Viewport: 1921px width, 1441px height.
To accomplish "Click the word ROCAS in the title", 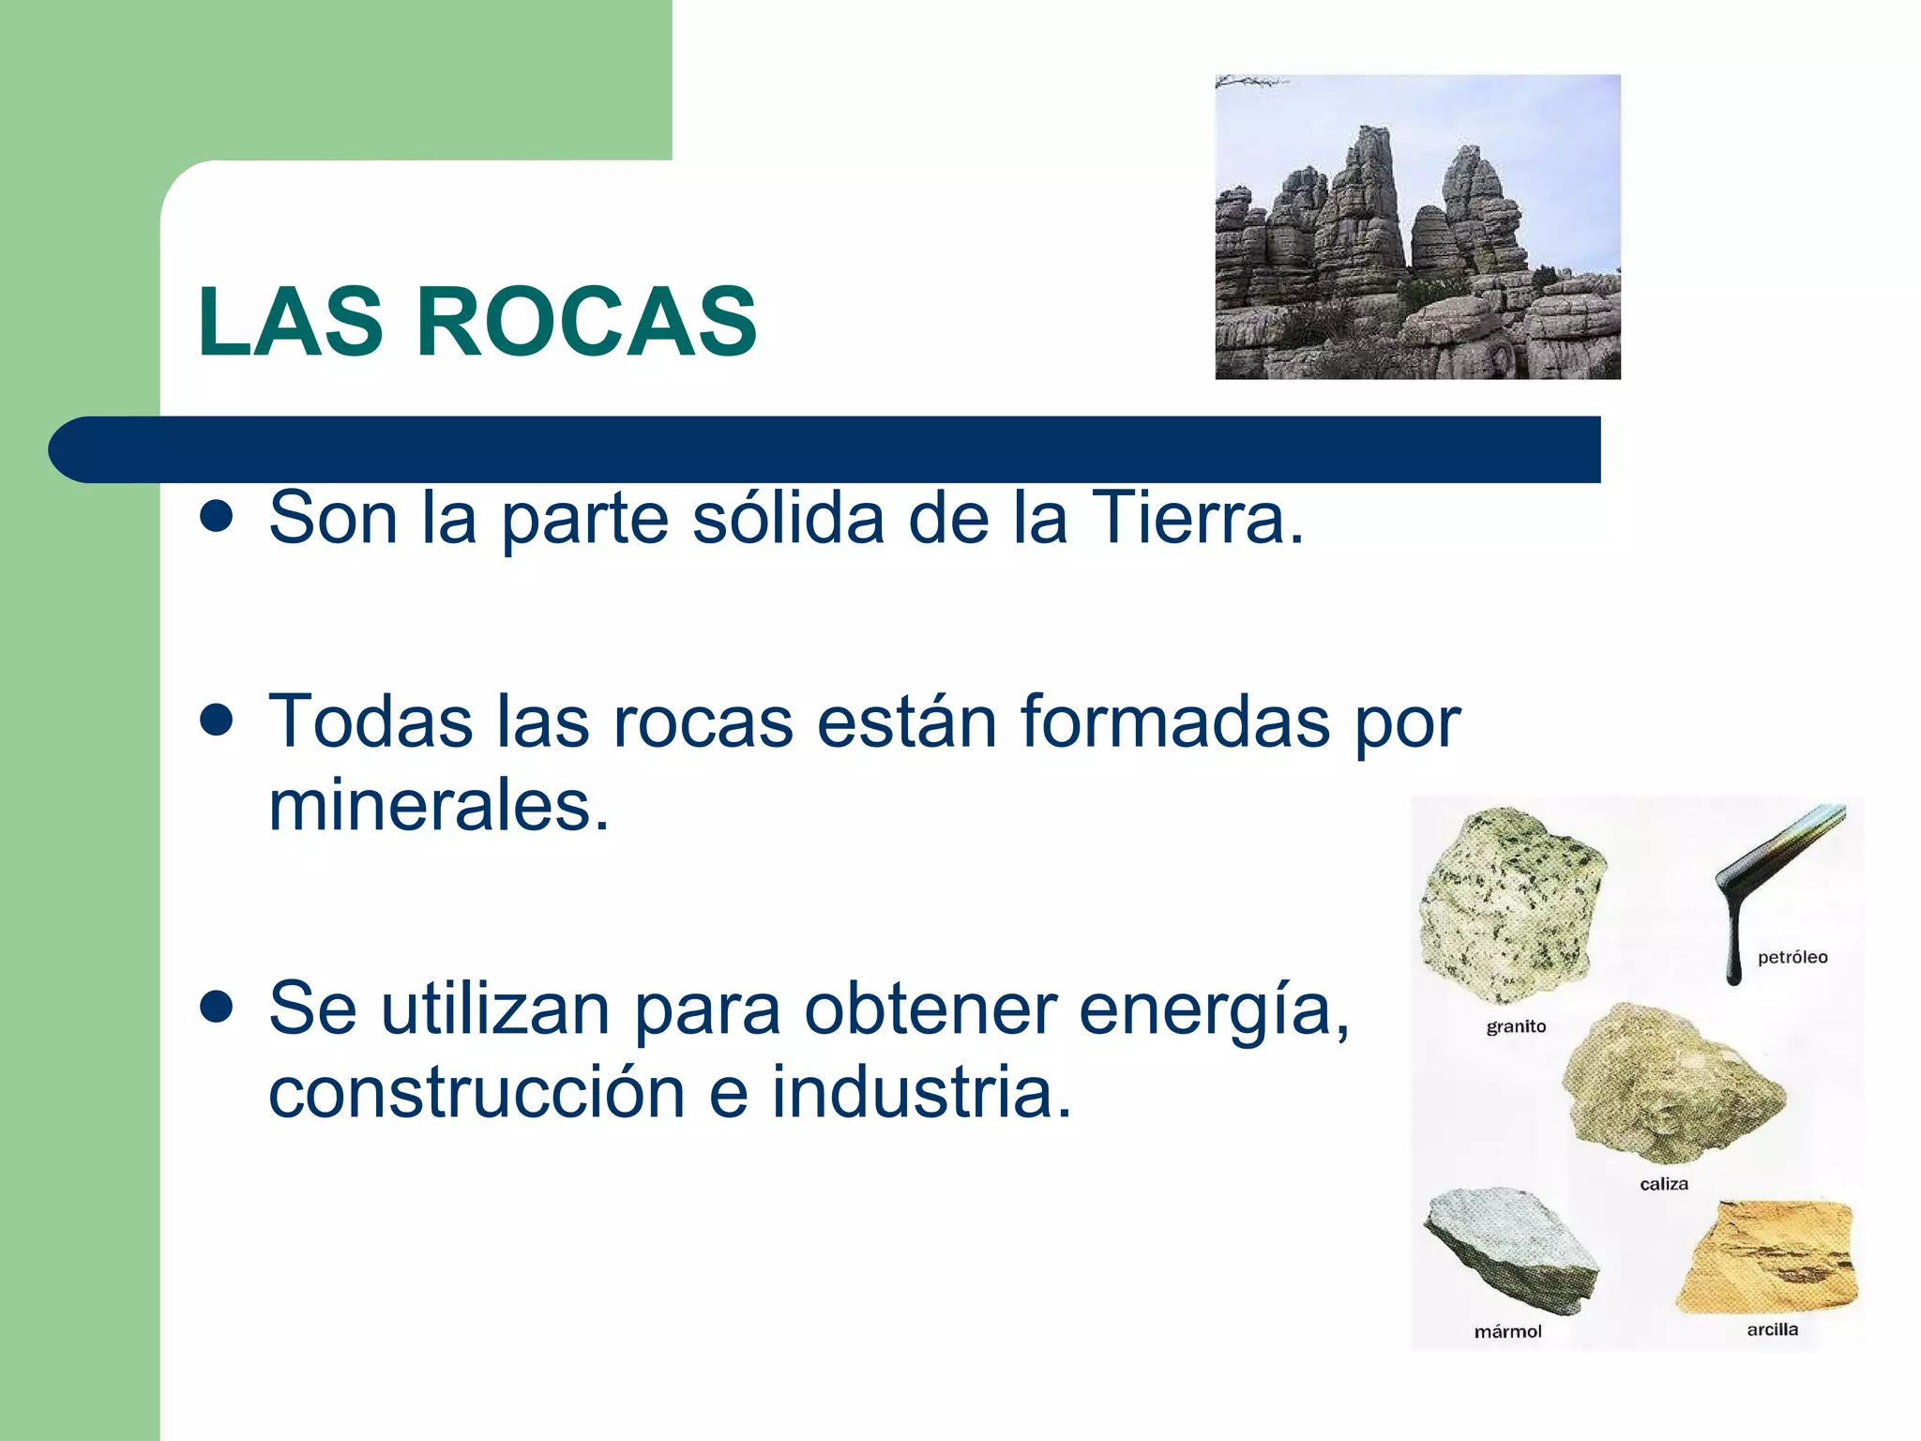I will [586, 322].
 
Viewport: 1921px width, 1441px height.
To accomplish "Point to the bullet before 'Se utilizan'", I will [217, 1008].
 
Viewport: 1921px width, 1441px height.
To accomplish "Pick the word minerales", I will [439, 806].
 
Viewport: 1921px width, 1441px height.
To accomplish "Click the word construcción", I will [476, 1093].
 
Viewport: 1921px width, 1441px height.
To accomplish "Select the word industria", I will [922, 1093].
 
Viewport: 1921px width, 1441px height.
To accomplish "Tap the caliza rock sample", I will [1673, 1085].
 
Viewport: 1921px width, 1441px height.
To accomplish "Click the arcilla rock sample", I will [1767, 1257].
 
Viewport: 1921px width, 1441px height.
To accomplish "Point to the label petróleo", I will [1792, 958].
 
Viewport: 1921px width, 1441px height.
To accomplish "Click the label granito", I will [1516, 1026].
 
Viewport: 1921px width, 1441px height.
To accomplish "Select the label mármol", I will [1507, 1331].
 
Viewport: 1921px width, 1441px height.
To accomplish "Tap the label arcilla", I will [1772, 1329].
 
